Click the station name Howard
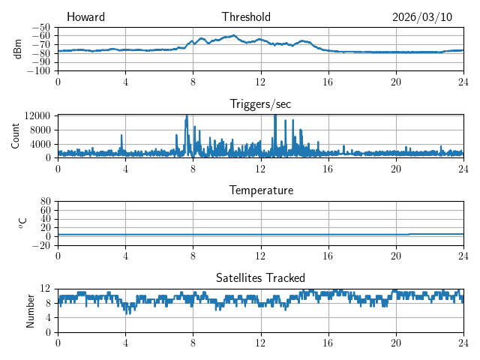point(85,17)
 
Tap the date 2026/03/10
point(422,17)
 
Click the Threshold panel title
point(246,17)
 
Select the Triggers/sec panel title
point(260,103)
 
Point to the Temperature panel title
point(261,190)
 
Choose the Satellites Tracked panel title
point(260,277)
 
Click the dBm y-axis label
point(17,49)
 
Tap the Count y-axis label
point(16,136)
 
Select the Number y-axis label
point(30,310)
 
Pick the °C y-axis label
point(22,223)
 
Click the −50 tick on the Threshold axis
point(41,27)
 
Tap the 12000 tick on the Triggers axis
point(37,115)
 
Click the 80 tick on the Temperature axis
point(45,202)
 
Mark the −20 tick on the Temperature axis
point(41,245)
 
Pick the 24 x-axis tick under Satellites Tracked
point(463,342)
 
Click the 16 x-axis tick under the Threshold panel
point(328,81)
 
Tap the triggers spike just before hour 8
point(187,117)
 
